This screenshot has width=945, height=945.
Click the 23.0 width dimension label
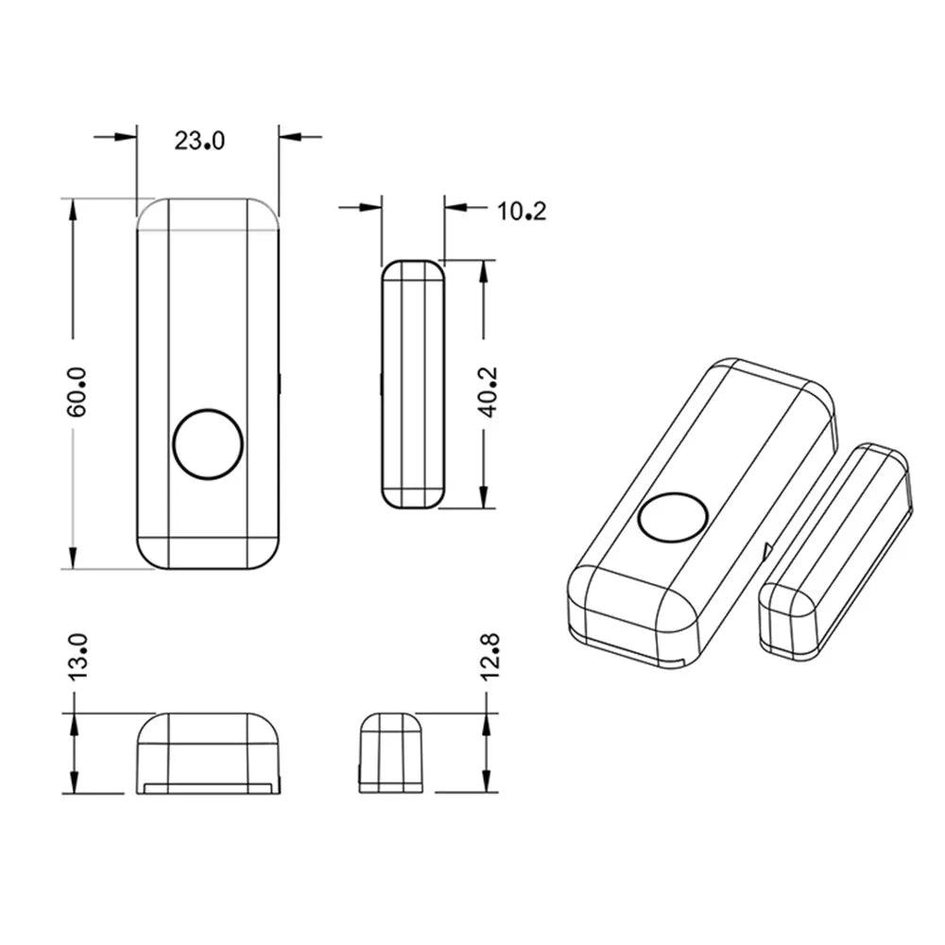tap(199, 141)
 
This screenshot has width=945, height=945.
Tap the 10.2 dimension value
tap(522, 210)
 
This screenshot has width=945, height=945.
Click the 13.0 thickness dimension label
tap(77, 658)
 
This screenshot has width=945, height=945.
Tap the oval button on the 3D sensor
tap(673, 518)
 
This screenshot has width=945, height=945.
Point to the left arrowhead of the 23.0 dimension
tap(127, 136)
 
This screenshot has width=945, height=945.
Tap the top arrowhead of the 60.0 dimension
tap(72, 209)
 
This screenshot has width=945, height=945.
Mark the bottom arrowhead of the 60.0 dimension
tap(72, 558)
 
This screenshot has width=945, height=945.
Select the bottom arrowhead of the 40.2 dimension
tap(483, 499)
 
